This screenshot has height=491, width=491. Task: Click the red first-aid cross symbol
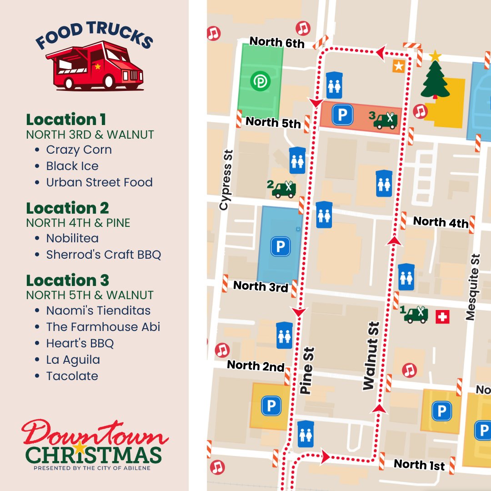click(x=442, y=317)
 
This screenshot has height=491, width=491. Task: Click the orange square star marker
click(x=399, y=66)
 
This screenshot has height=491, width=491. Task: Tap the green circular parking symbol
click(x=261, y=81)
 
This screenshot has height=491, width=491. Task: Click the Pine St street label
click(x=307, y=371)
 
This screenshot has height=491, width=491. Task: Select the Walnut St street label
click(x=371, y=356)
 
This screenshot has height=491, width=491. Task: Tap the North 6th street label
click(x=277, y=42)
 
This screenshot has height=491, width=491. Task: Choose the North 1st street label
click(x=419, y=464)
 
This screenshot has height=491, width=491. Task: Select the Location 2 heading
click(x=67, y=208)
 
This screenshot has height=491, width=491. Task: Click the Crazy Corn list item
click(x=79, y=150)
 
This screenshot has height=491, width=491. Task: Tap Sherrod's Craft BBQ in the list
click(x=103, y=255)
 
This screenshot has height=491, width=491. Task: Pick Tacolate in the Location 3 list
click(x=72, y=376)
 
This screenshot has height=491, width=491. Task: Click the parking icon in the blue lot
click(x=280, y=247)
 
